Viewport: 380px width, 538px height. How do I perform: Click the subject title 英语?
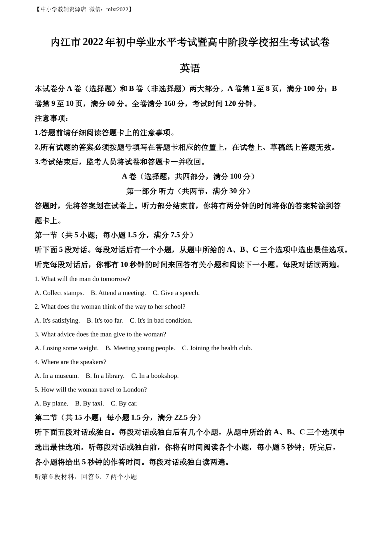coord(190,68)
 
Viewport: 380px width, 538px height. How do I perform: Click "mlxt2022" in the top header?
coord(117,9)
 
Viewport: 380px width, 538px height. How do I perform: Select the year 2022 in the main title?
coord(93,42)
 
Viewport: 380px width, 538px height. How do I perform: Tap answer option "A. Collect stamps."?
coord(59,293)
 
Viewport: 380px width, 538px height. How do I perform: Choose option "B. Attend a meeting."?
coord(118,293)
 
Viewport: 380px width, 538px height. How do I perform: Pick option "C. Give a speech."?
coord(176,293)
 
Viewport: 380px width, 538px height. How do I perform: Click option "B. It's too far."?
coord(105,321)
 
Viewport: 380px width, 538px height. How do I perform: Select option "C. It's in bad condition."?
coord(161,321)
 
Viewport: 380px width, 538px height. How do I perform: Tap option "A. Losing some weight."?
coord(66,348)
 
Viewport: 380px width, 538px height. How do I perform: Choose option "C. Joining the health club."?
coord(217,348)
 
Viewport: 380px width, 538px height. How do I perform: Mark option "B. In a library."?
coord(105,376)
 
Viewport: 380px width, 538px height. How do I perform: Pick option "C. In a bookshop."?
coord(155,376)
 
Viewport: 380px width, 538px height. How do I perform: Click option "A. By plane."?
coord(51,403)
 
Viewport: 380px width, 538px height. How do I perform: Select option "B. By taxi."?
coord(89,403)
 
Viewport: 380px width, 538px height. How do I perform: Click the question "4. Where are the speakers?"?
coord(70,362)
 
